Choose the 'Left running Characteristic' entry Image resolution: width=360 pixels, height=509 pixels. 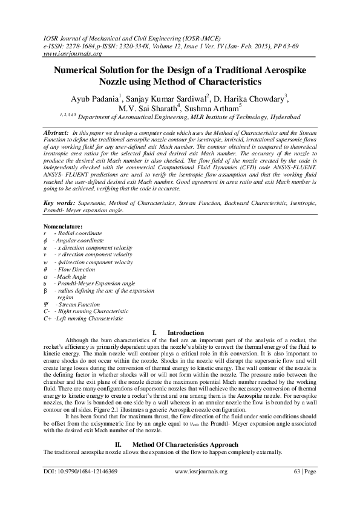[88, 318]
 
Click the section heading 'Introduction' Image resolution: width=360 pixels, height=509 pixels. [185, 332]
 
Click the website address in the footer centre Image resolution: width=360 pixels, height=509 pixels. [200, 488]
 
